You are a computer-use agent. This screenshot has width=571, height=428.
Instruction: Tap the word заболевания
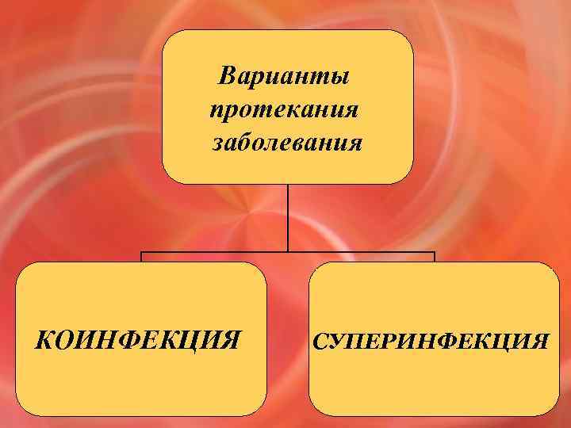click(287, 144)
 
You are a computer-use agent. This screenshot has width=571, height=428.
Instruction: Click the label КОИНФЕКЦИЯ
click(139, 341)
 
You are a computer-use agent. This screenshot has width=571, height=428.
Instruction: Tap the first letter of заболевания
click(217, 146)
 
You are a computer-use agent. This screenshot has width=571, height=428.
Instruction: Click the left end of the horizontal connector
click(142, 254)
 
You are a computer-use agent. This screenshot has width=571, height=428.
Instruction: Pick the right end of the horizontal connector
click(434, 254)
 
